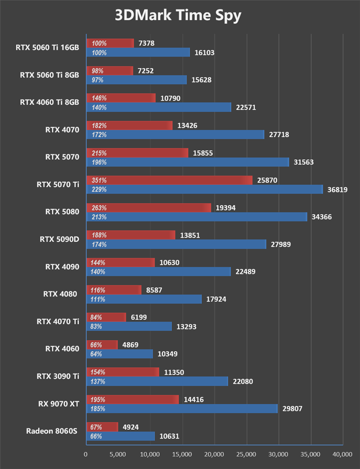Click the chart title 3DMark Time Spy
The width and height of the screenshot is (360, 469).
(x=178, y=15)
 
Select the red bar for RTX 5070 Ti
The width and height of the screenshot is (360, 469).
(x=169, y=180)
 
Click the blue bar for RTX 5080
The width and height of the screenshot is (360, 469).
(x=196, y=217)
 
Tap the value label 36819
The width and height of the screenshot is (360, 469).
(x=337, y=189)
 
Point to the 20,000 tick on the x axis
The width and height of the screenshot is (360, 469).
(x=214, y=455)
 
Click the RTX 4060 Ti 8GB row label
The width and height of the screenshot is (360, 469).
(x=49, y=102)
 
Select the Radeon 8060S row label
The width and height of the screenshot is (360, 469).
(x=52, y=431)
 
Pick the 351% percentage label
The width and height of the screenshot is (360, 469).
(x=99, y=180)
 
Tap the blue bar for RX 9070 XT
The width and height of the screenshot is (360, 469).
(x=181, y=409)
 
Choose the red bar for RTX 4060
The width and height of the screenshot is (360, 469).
(x=102, y=345)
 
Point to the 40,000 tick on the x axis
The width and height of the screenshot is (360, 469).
(x=342, y=455)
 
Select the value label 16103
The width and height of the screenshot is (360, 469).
(x=204, y=53)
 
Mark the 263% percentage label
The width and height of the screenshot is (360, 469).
(x=99, y=208)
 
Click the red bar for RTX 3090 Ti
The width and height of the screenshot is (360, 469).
(x=122, y=372)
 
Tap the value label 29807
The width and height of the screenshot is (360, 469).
(x=292, y=409)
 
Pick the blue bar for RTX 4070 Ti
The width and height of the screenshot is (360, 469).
(x=129, y=326)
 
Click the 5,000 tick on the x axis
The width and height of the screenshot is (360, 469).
(x=117, y=455)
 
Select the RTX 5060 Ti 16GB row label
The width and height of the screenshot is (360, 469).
(x=47, y=47)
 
